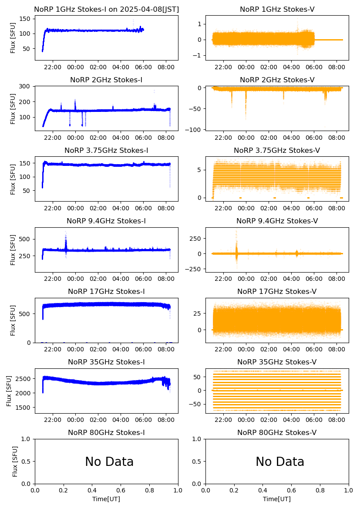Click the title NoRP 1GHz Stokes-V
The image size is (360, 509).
click(277, 10)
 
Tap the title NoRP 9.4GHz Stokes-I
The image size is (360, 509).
click(106, 221)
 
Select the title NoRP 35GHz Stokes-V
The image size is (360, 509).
click(277, 362)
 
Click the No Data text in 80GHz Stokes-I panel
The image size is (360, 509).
click(109, 462)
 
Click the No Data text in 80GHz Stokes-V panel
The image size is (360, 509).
click(280, 462)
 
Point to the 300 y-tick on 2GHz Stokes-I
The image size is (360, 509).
click(26, 86)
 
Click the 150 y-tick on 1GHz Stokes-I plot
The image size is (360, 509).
click(26, 19)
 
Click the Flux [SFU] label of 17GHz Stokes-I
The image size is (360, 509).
click(13, 320)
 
